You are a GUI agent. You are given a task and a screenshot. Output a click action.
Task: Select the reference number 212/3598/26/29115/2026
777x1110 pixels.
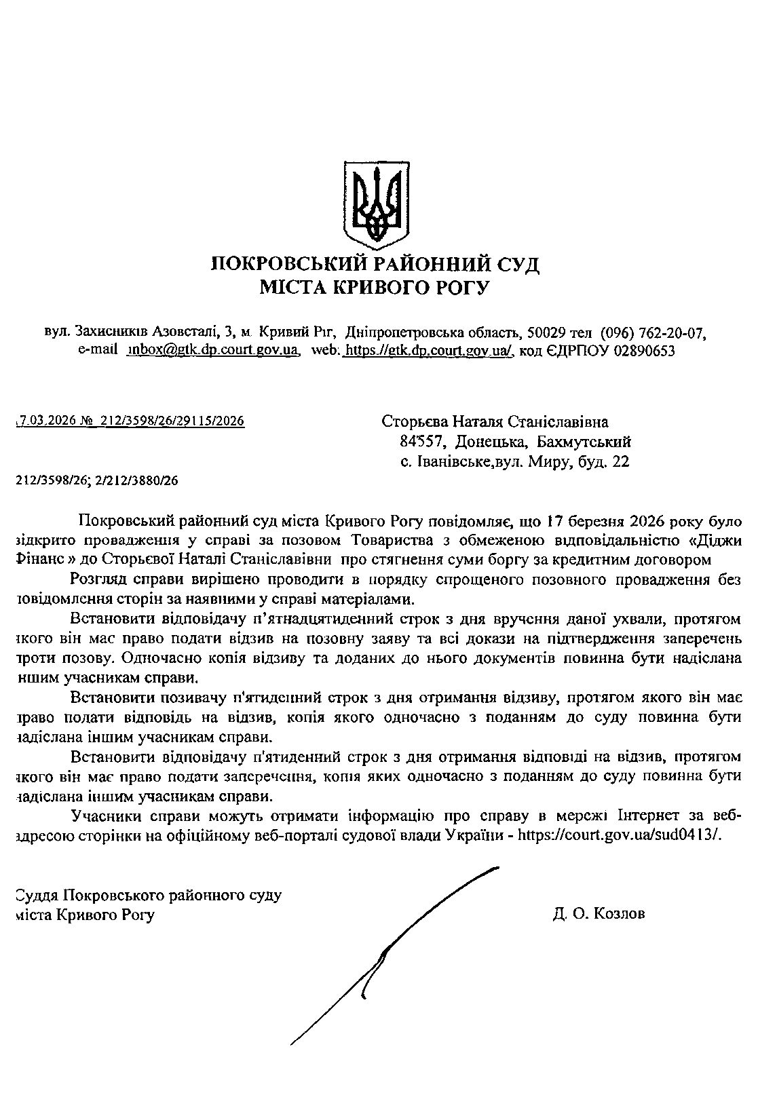(172, 421)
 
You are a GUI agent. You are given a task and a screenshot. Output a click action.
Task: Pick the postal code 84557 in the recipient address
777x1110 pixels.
(421, 442)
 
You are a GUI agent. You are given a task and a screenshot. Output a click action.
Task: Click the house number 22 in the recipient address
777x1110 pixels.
(621, 463)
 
